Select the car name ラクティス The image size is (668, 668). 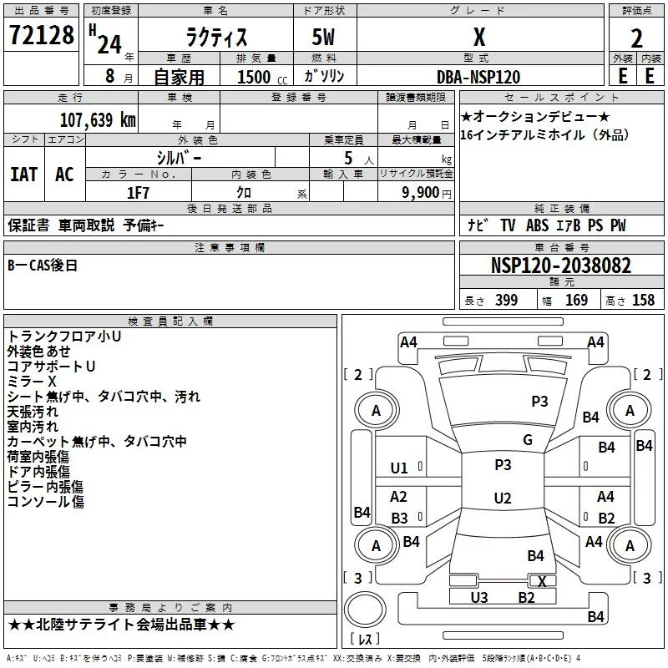click(x=219, y=37)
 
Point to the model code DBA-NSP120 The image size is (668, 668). click(x=478, y=77)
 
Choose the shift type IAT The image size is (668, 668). click(x=23, y=174)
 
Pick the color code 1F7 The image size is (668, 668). click(x=138, y=192)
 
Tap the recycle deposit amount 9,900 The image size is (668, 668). click(x=426, y=192)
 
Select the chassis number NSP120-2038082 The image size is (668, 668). click(x=560, y=266)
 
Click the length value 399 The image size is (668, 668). click(x=506, y=301)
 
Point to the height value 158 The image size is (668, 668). click(x=643, y=301)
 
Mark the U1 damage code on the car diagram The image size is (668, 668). click(x=399, y=468)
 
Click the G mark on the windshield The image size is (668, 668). click(x=527, y=440)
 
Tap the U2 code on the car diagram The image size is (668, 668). click(x=502, y=498)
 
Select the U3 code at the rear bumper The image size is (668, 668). click(x=478, y=597)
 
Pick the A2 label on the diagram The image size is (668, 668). click(x=398, y=497)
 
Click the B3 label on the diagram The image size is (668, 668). click(x=399, y=518)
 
